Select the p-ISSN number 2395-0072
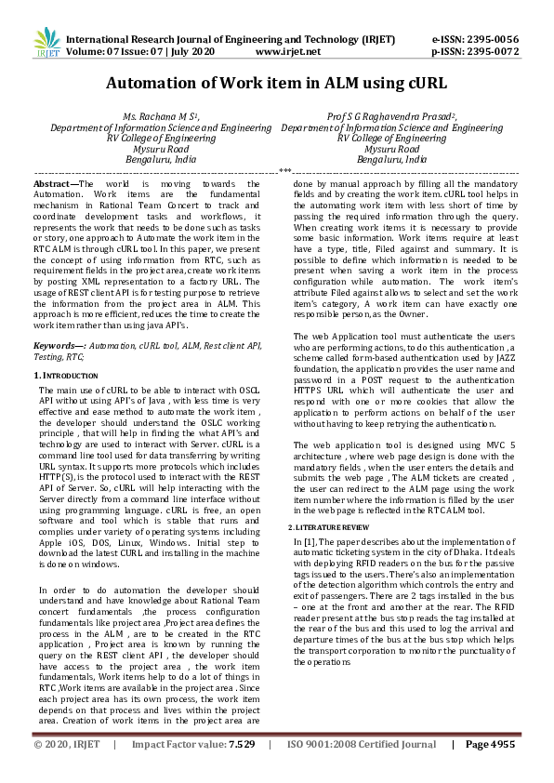[491, 53]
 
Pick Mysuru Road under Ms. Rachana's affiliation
[161, 149]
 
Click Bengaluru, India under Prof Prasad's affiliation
[391, 160]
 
